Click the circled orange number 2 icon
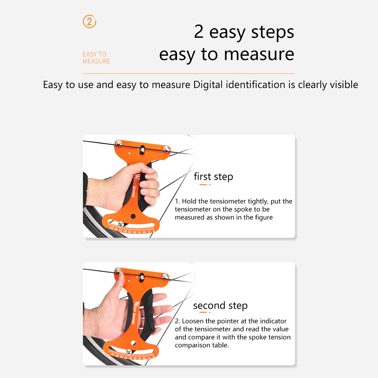click(89, 22)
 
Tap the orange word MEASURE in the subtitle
click(97, 61)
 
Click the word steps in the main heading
click(273, 32)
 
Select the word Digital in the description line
click(208, 85)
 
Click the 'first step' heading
click(214, 177)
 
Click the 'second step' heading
click(220, 306)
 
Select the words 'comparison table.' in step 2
click(202, 345)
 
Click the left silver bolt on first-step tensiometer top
click(118, 143)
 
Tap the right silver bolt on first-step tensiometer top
click(166, 149)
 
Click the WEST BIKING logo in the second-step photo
click(135, 313)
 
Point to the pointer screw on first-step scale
click(121, 224)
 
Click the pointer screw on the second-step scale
click(129, 352)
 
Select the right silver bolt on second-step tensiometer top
click(165, 276)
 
